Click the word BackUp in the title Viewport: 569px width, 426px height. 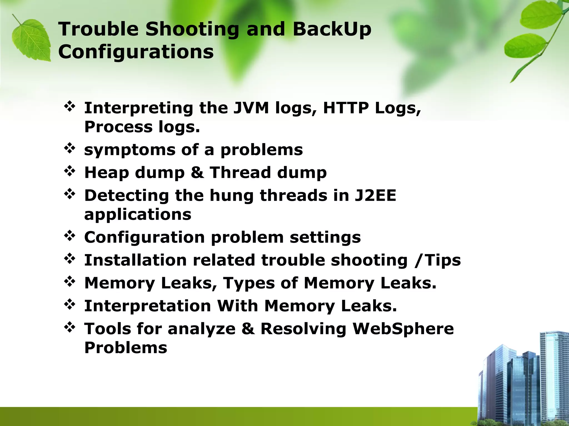click(332, 29)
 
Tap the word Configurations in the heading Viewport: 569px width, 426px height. click(136, 52)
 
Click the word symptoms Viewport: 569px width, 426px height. click(130, 150)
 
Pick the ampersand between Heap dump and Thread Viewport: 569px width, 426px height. click(197, 173)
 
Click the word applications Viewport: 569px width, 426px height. click(138, 214)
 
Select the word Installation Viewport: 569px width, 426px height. click(135, 260)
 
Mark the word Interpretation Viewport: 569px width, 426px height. click(148, 306)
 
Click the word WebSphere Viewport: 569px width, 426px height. click(403, 329)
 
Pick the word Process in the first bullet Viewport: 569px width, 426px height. click(118, 127)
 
